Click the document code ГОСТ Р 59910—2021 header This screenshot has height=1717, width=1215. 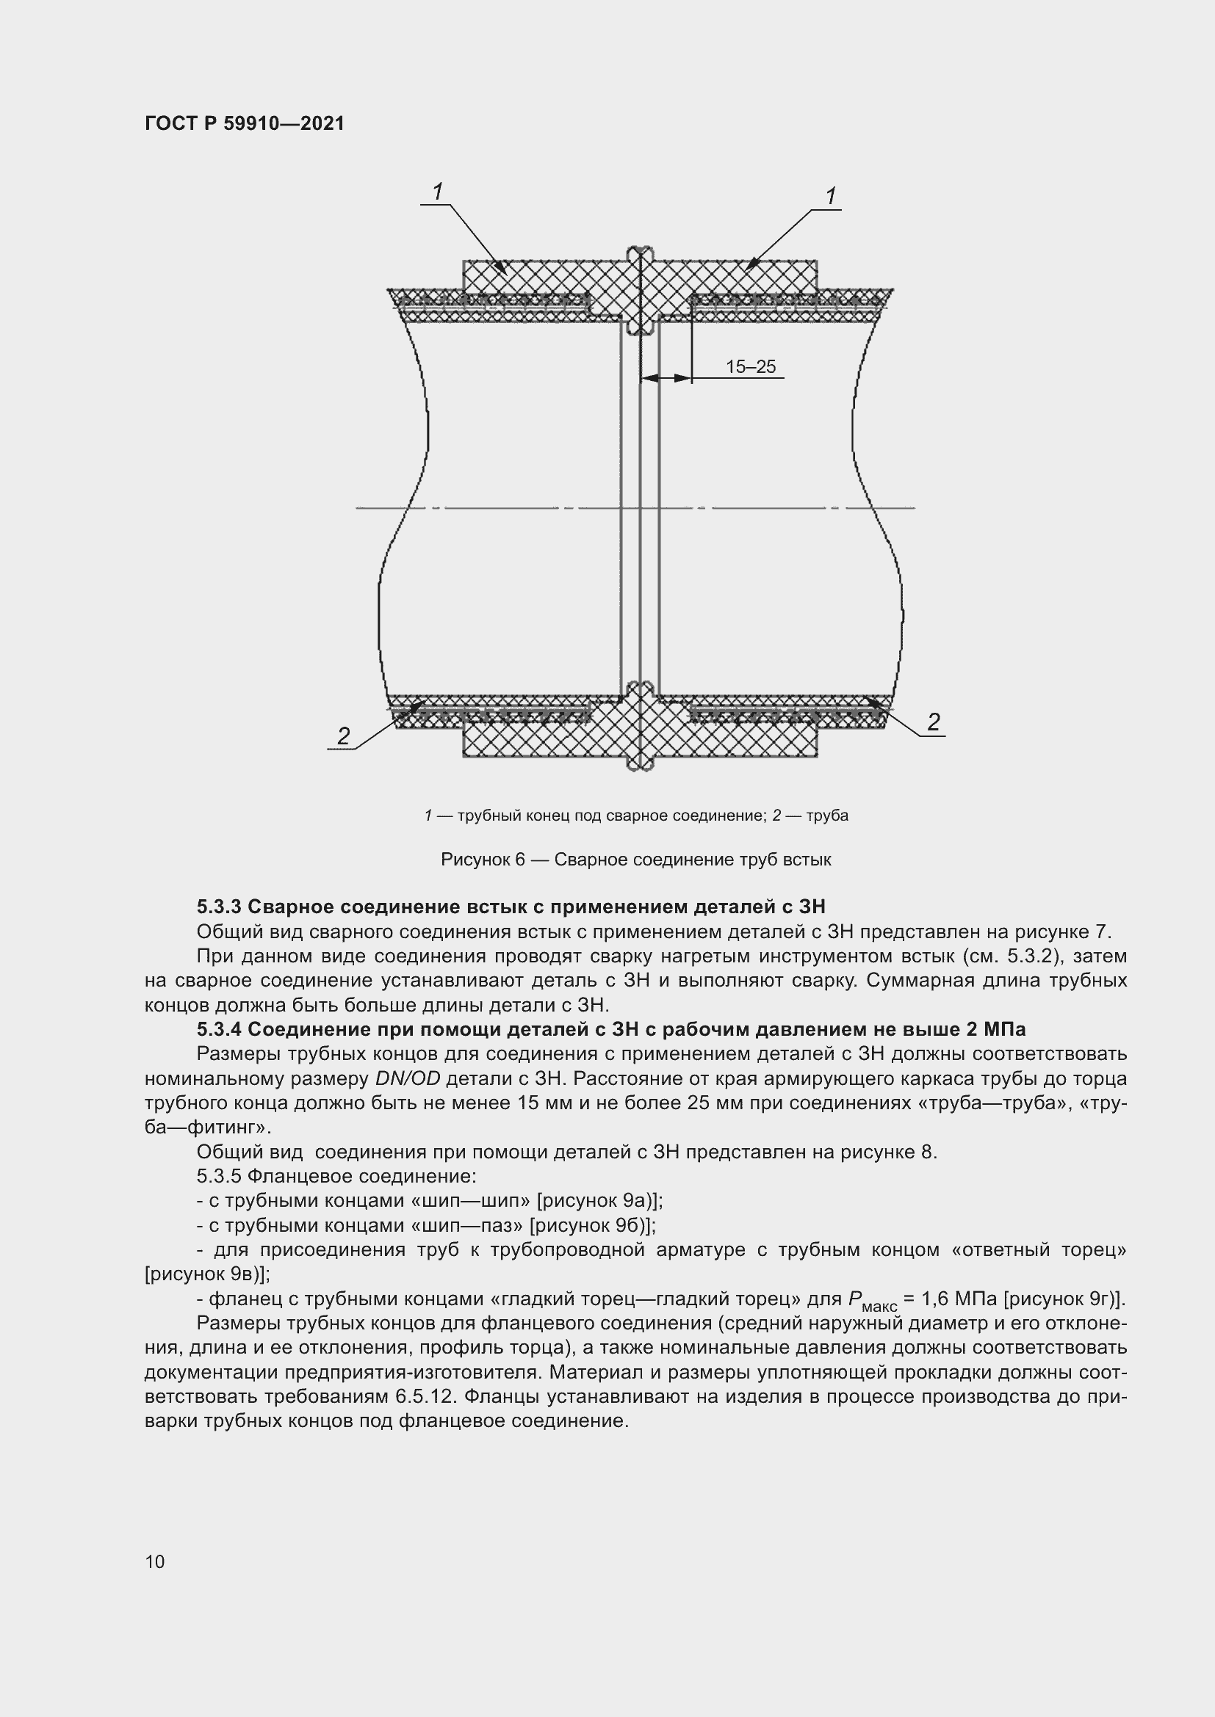coord(245,124)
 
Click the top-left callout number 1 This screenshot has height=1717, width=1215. coord(438,192)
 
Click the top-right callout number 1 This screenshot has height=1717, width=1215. coord(831,196)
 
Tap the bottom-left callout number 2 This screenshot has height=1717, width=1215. coord(343,736)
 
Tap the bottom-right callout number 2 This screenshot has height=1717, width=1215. coord(933,722)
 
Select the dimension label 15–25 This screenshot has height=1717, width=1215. coord(751,367)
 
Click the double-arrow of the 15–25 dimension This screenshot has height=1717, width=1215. coord(666,378)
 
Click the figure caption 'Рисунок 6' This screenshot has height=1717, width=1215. coord(483,860)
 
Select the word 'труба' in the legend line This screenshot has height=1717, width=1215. coord(827,816)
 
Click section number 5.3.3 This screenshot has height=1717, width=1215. coord(219,907)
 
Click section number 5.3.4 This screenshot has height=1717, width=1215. coord(219,1030)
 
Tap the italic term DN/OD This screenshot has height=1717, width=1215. coord(408,1079)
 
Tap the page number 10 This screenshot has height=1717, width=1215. coord(155,1561)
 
